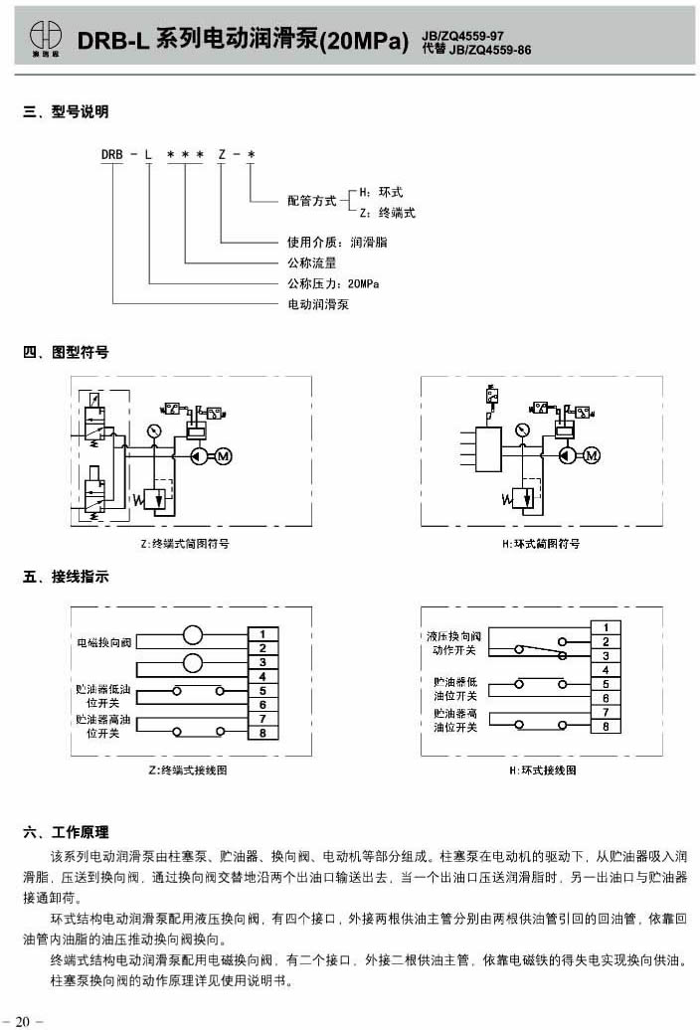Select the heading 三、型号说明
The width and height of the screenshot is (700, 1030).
click(66, 113)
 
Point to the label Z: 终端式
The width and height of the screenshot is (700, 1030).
click(387, 213)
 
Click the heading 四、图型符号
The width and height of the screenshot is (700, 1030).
click(66, 352)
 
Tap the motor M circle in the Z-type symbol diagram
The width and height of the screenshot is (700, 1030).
click(223, 456)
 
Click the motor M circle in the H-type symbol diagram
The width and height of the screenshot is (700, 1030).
click(593, 456)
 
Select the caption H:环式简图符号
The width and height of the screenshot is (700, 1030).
click(541, 544)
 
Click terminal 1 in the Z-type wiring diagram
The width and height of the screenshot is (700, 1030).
click(262, 633)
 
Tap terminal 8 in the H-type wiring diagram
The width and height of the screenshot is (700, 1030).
click(606, 727)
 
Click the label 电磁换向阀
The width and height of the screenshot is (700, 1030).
click(104, 643)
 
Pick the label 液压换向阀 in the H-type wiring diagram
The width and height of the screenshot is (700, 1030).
click(454, 634)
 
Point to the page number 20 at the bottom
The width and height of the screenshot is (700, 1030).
click(23, 1019)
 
